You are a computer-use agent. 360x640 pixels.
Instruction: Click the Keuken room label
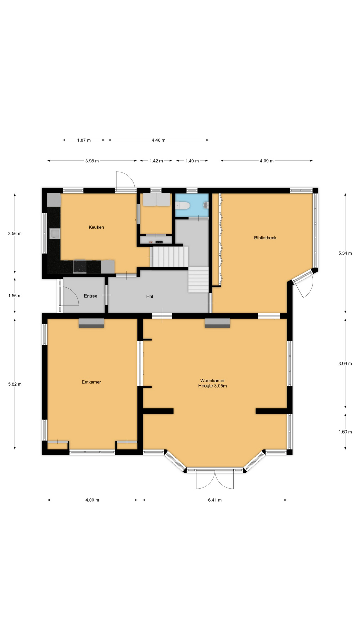[x=96, y=227]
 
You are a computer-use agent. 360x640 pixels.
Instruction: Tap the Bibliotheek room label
[x=265, y=238]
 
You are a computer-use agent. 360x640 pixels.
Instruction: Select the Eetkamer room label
[x=91, y=382]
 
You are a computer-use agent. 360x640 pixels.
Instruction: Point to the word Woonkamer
[x=213, y=381]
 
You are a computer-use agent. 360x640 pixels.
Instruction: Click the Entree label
[x=91, y=296]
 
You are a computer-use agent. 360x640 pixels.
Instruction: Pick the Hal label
[x=150, y=296]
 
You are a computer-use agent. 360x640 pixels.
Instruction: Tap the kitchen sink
[x=54, y=234]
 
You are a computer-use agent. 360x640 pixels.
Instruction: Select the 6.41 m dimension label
[x=215, y=500]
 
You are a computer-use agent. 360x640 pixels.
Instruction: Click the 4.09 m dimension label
[x=267, y=161]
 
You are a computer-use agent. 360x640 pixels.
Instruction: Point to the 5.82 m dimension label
[x=15, y=384]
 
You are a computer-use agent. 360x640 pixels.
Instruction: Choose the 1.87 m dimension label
[x=84, y=140]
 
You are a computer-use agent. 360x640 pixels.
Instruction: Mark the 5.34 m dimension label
[x=345, y=253]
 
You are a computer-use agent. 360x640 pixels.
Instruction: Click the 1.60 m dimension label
[x=345, y=432]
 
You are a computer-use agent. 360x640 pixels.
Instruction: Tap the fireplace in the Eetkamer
[x=91, y=323]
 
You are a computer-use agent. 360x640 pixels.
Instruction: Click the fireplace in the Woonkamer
[x=217, y=323]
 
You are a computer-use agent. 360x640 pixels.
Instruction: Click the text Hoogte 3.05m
[x=213, y=386]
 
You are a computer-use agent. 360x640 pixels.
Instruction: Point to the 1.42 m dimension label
[x=156, y=161]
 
